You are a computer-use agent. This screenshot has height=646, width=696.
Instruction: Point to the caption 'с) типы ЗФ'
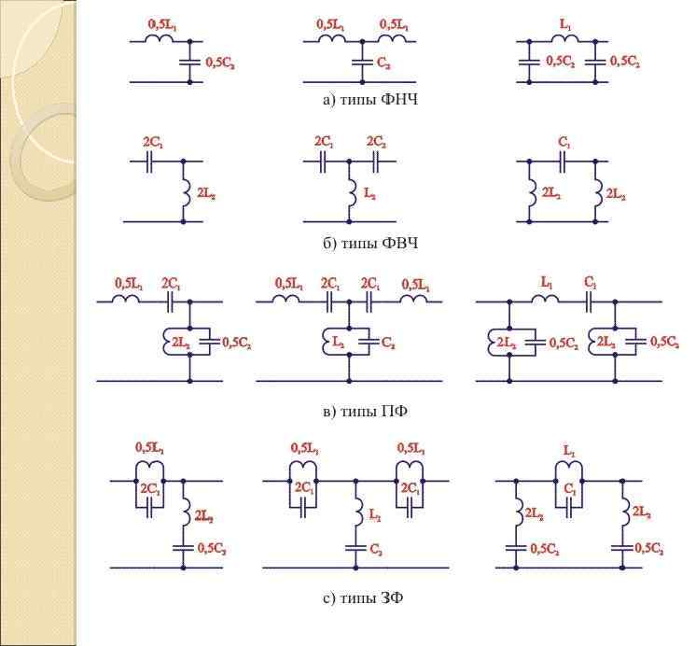coord(365,598)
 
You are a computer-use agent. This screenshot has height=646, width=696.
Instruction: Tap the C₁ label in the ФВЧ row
coord(564,143)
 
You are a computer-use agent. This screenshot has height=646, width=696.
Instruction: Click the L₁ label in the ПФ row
coord(549,281)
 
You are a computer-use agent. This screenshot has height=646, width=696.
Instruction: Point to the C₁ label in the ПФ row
coord(592,281)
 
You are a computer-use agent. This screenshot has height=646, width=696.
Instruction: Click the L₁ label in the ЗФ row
coord(571,450)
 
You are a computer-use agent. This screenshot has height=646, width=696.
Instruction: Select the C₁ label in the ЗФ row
coord(570,488)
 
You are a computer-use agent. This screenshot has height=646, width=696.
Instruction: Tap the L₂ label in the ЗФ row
coord(376,514)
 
